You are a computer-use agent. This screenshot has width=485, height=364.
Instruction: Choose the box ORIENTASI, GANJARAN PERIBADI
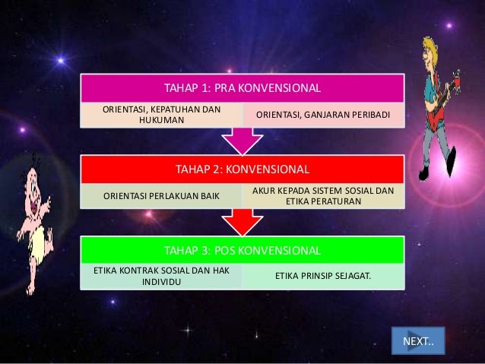(323, 115)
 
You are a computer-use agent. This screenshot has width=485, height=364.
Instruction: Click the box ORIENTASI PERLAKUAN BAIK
(162, 197)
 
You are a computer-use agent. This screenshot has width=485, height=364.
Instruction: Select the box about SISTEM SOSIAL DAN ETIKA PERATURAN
(323, 195)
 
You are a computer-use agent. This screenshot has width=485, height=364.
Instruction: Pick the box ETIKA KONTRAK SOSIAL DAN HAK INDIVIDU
(162, 276)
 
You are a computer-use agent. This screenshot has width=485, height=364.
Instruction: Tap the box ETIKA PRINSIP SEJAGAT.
(323, 276)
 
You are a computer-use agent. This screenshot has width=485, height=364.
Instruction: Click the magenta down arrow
(242, 140)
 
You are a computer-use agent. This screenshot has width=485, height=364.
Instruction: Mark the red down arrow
(242, 220)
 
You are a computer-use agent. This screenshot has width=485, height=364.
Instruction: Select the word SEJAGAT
(351, 276)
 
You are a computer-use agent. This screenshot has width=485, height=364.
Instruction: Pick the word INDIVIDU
(162, 282)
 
